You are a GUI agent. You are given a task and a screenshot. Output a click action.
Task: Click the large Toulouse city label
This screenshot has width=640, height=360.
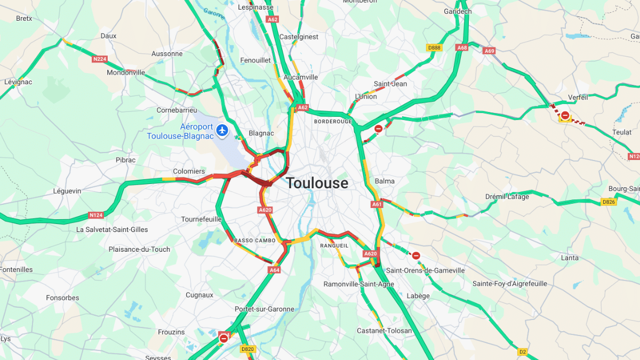click(x=317, y=183)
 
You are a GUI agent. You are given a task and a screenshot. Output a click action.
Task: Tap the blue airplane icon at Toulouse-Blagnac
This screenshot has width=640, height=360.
click(x=222, y=130)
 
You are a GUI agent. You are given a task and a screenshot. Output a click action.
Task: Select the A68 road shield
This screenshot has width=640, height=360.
click(x=462, y=47)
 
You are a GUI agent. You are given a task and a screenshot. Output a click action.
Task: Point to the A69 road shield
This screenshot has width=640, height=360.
click(x=490, y=51)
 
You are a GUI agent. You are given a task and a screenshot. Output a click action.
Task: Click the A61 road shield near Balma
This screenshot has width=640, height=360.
click(x=377, y=204)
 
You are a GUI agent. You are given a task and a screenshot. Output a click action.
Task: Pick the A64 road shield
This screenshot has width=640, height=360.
click(x=274, y=270)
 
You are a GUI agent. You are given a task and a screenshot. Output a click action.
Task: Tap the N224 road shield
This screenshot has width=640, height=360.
click(x=100, y=59)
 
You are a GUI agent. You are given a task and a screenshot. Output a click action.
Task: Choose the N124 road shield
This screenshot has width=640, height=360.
click(x=96, y=215)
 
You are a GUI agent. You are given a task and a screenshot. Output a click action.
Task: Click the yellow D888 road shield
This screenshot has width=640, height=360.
click(x=435, y=47)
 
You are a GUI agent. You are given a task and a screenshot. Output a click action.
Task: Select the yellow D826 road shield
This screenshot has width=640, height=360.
click(x=609, y=202)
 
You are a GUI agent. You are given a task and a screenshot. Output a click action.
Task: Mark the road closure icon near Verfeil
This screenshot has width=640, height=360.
click(x=565, y=115)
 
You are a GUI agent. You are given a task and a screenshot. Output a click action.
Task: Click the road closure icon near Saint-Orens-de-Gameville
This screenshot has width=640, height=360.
click(x=416, y=255)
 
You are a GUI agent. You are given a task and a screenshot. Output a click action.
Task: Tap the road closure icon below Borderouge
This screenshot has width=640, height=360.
click(x=378, y=129)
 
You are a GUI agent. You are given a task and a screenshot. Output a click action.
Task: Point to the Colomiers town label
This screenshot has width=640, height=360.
click(x=189, y=171)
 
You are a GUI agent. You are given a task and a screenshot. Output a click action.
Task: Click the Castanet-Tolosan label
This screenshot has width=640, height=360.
click(x=384, y=331)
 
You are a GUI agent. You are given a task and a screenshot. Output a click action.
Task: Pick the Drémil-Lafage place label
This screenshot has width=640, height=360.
click(x=507, y=196)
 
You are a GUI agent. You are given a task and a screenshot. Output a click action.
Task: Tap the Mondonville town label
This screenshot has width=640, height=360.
click(x=126, y=73)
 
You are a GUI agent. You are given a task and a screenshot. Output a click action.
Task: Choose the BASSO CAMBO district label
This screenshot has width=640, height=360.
click(x=254, y=241)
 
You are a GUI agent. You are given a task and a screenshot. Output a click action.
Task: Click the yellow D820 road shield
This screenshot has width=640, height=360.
click(x=247, y=349)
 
